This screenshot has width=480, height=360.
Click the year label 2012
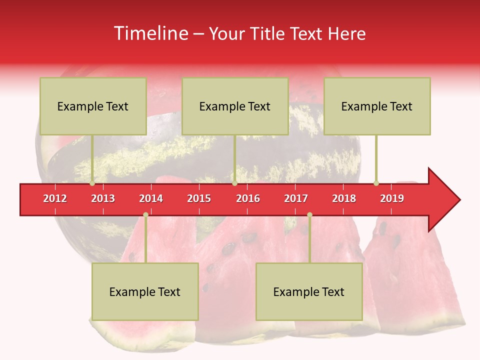[x=55, y=198]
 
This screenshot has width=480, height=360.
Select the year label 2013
[x=103, y=198]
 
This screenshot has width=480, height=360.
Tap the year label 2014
[x=151, y=198]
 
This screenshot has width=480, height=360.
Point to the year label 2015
[x=199, y=198]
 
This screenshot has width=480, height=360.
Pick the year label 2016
[x=248, y=198]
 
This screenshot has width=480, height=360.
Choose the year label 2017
[x=296, y=198]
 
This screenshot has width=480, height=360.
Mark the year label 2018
[x=344, y=198]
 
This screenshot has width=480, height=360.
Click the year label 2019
[x=392, y=198]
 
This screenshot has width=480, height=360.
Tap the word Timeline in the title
[x=150, y=33]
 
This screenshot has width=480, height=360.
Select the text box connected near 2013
[x=93, y=106]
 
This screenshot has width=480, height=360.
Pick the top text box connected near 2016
[x=235, y=106]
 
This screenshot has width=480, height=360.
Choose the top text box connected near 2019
[x=377, y=106]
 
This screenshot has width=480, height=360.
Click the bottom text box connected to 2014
[x=145, y=291]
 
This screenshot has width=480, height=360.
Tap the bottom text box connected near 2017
[x=309, y=291]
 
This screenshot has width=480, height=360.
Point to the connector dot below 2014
[x=145, y=214]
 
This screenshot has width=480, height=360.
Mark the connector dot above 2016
[x=234, y=183]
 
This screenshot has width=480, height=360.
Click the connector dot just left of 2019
[x=376, y=183]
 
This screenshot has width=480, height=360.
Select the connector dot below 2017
[x=309, y=214]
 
